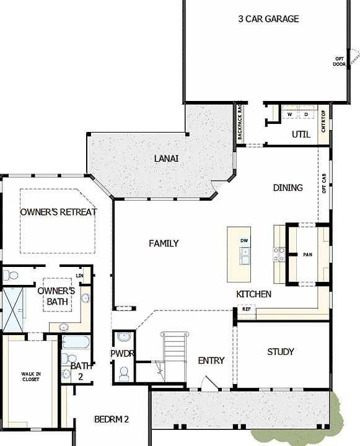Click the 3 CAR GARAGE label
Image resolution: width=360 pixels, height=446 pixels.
(x=268, y=19)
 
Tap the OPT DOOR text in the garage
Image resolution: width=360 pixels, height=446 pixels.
(x=339, y=61)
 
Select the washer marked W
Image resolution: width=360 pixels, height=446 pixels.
(x=289, y=115)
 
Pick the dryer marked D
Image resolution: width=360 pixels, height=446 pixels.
(x=305, y=115)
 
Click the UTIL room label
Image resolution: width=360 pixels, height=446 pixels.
(x=301, y=134)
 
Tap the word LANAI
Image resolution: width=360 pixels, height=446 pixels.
(x=166, y=159)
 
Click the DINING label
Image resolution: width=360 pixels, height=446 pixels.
(x=288, y=188)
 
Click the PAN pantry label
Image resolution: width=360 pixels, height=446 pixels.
(x=308, y=255)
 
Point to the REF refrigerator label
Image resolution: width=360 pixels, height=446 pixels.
(x=246, y=308)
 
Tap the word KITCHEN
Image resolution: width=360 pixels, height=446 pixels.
(x=253, y=294)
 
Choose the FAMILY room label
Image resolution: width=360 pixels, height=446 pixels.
(x=164, y=243)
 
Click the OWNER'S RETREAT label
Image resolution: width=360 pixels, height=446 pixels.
(x=58, y=212)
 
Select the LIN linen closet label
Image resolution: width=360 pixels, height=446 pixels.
(x=79, y=276)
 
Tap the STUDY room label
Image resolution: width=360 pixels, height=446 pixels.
(x=280, y=352)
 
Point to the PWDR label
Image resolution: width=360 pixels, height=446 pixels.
(x=123, y=354)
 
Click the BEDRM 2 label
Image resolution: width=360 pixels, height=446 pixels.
(x=112, y=419)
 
